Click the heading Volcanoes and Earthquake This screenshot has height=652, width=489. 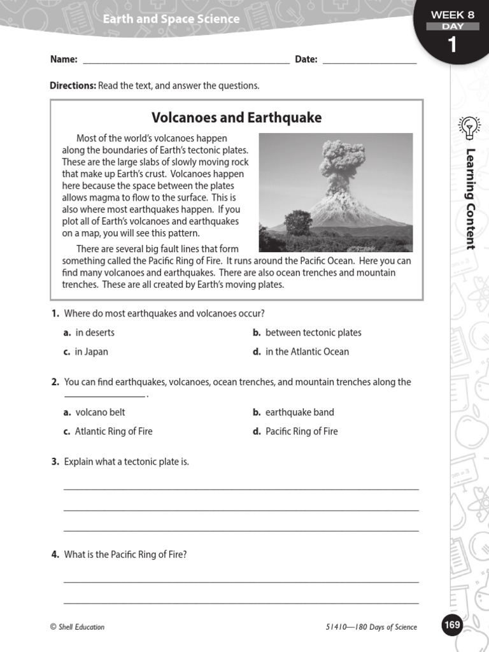[x=236, y=118]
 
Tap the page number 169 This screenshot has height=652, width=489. [x=451, y=625]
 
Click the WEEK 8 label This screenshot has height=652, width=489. [x=453, y=15]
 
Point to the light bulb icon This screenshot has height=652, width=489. [x=470, y=127]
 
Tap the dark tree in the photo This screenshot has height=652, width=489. [x=298, y=223]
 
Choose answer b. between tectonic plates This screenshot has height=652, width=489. [x=307, y=332]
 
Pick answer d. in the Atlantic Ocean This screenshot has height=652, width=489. [x=301, y=351]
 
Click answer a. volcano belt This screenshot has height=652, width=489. [x=94, y=412]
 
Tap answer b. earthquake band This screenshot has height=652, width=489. [x=293, y=412]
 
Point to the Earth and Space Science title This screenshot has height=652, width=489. [x=171, y=19]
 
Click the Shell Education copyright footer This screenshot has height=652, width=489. [x=77, y=627]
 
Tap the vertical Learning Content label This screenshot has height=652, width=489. [x=471, y=199]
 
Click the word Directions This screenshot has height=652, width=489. [x=73, y=85]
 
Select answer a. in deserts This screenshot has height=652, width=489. [x=89, y=332]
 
